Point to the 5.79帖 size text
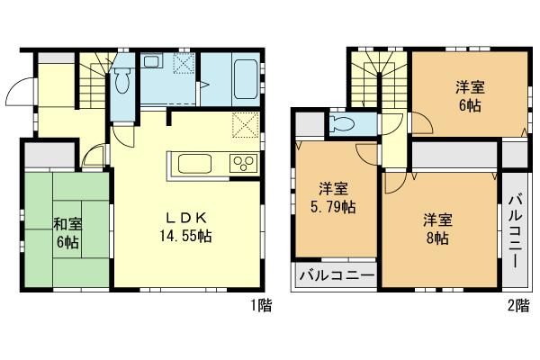pos(334,206)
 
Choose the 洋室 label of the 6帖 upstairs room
pos(468,87)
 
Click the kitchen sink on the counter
pos(195,164)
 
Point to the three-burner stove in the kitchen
pos(243,164)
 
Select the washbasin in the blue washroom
pos(153,63)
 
